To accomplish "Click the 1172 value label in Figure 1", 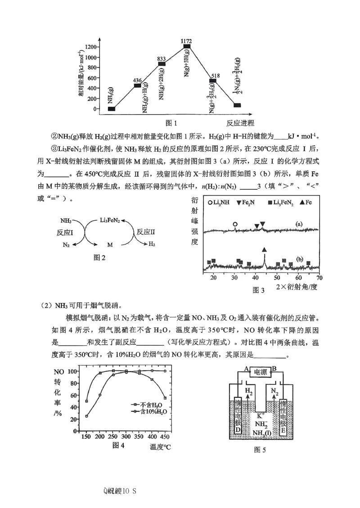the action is [186, 41].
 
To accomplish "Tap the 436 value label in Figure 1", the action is [138, 80].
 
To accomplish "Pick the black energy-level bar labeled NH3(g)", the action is [112, 109].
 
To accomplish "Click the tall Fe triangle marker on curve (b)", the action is [264, 250].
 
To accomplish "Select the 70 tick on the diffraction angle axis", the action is [319, 277].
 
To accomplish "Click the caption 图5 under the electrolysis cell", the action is [261, 449].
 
